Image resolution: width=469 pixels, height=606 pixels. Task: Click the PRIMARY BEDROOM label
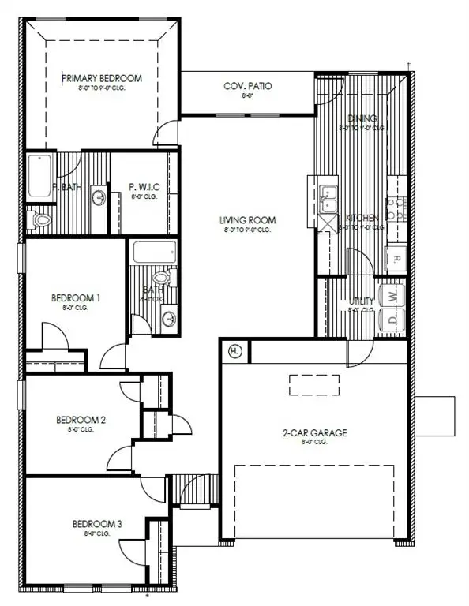coord(102,78)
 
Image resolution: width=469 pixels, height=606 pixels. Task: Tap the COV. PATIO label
coord(248,85)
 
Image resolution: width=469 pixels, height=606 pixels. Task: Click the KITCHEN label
coord(362,218)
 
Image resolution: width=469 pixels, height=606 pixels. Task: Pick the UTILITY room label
coord(362,301)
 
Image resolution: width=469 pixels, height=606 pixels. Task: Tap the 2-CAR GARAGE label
coord(315,432)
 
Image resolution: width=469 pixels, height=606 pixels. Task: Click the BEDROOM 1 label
coord(76,297)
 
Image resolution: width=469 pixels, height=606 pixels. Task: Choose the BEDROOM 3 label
coord(96,523)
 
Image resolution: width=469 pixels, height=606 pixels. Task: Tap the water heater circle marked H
coord(234,350)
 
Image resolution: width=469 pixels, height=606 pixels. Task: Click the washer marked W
coord(393,296)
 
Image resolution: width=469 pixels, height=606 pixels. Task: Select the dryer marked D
coord(393,320)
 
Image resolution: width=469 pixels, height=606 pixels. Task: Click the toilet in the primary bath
coord(39,219)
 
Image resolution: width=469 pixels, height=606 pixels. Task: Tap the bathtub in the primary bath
coord(39,175)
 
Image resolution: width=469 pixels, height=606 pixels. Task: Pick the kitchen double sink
coord(328,193)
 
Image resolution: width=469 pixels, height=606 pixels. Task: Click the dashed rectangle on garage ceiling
coord(313,385)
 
